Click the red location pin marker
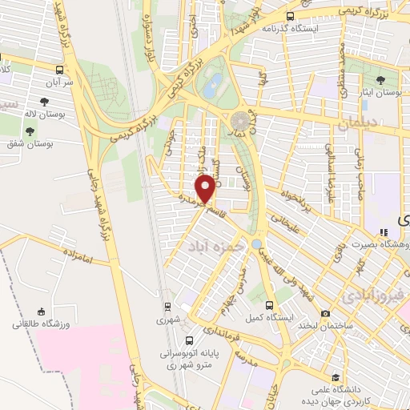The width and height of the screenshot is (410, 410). click(x=206, y=189)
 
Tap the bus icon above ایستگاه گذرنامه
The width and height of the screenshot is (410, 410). click(x=289, y=14)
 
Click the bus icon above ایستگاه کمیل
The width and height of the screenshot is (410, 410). click(x=269, y=305)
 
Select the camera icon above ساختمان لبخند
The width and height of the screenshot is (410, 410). click(x=325, y=313)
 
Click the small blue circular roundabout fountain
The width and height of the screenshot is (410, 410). click(x=256, y=243)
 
